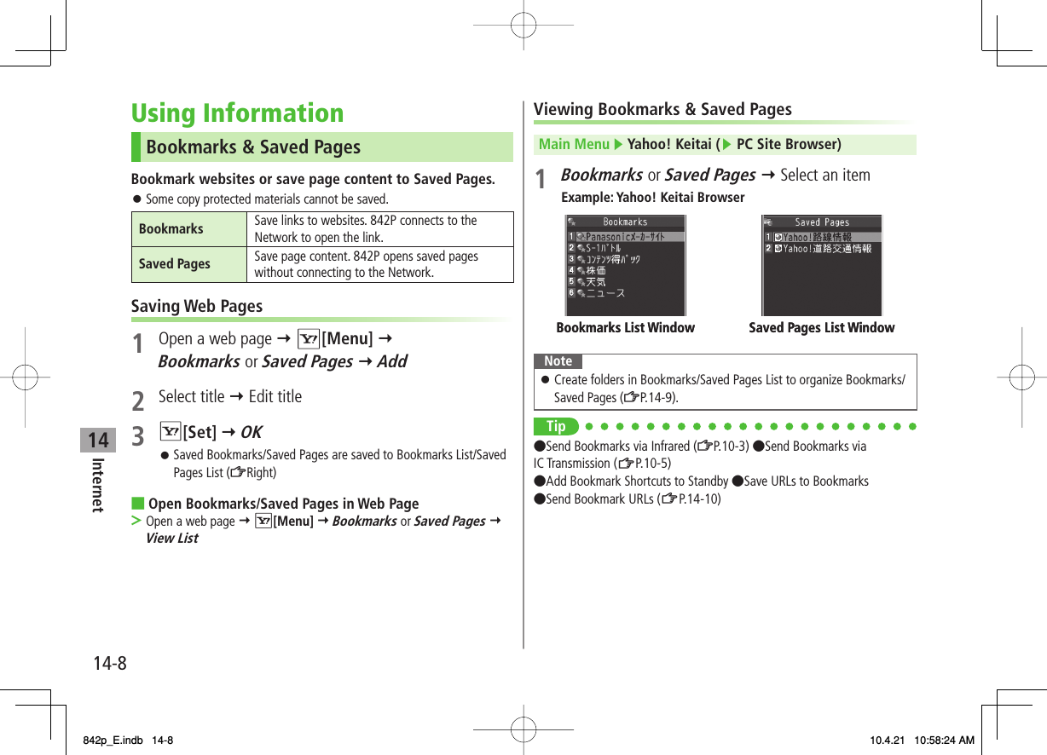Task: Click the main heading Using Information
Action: point(237,113)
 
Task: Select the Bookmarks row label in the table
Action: point(171,228)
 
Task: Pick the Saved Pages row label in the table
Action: point(175,264)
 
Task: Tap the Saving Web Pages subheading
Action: point(197,306)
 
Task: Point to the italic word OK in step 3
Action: point(251,432)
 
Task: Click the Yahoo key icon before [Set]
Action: point(170,432)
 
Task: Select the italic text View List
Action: point(171,539)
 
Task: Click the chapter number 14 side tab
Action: point(99,440)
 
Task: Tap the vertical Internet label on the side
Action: point(98,486)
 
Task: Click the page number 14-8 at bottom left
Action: point(110,662)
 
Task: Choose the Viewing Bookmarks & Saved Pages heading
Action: point(662,109)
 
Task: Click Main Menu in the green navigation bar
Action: point(574,144)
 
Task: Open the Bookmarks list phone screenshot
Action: point(625,265)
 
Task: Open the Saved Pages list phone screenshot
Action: point(821,265)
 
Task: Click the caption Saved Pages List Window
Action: point(821,328)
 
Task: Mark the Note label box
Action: point(558,361)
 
